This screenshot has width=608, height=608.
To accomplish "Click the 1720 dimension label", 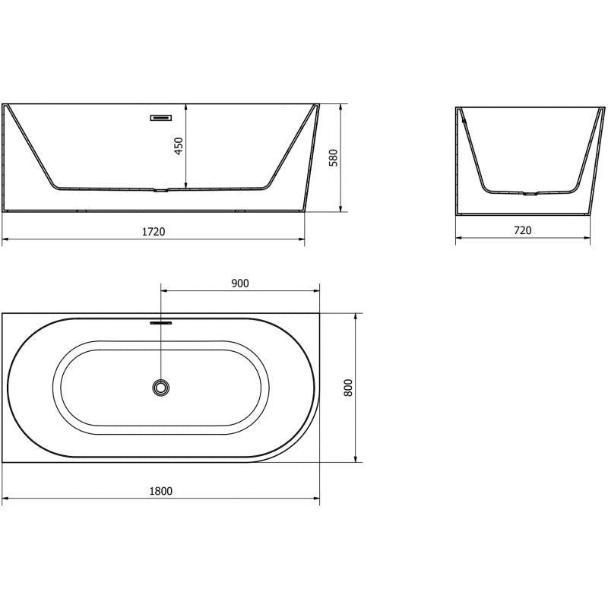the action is tap(154, 232).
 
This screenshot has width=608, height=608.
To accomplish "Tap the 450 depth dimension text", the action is tap(179, 146).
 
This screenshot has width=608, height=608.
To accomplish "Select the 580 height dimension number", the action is tap(334, 157).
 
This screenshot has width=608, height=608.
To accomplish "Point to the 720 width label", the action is tap(523, 230).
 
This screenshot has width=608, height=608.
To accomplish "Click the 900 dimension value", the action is tap(240, 283).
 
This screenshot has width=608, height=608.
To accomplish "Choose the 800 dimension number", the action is tap(348, 388).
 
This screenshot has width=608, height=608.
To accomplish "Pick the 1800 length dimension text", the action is tap(161, 491).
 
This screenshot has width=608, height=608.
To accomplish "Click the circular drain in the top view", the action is tap(161, 388).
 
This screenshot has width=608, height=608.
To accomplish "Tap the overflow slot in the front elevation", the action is tap(161, 118).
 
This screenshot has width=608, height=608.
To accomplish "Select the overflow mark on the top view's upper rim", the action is tap(161, 321).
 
